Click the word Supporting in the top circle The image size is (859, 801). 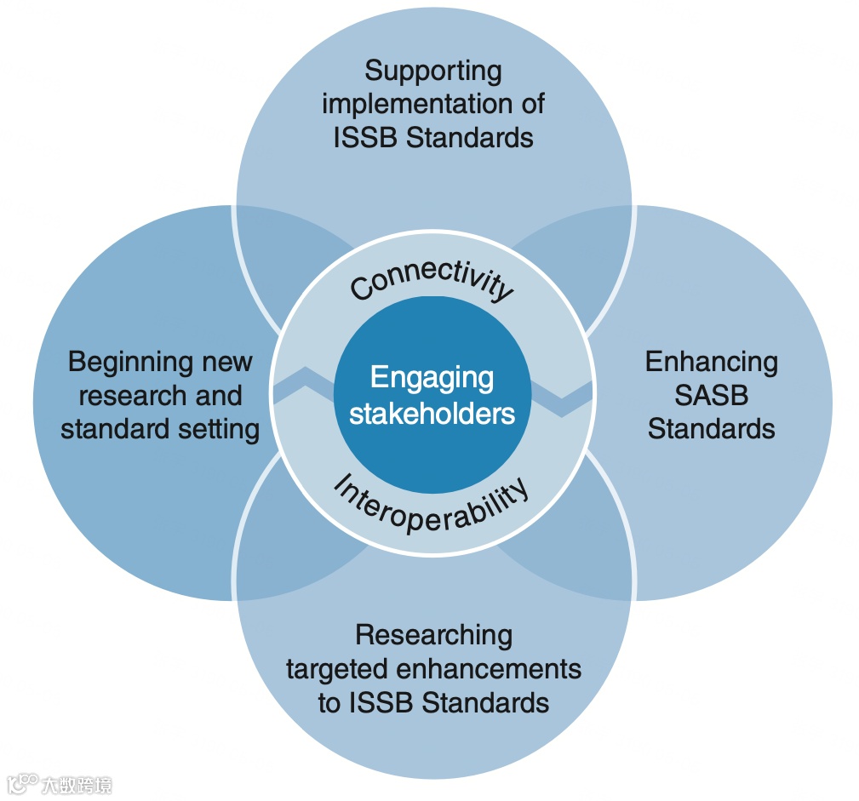pyautogui.click(x=433, y=72)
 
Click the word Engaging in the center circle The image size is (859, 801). pyautogui.click(x=432, y=378)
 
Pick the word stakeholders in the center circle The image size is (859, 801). pyautogui.click(x=432, y=414)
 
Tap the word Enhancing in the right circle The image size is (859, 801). pyautogui.click(x=711, y=363)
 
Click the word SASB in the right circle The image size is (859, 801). pyautogui.click(x=711, y=395)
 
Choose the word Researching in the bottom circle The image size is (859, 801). pyautogui.click(x=433, y=635)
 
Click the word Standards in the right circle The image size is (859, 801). pyautogui.click(x=711, y=428)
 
